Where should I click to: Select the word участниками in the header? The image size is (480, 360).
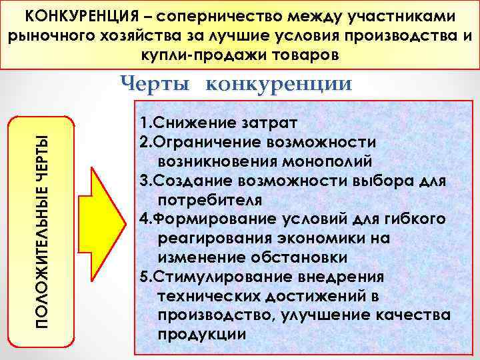pyautogui.click(x=406, y=15)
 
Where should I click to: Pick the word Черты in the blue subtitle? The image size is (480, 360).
pyautogui.click(x=157, y=83)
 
